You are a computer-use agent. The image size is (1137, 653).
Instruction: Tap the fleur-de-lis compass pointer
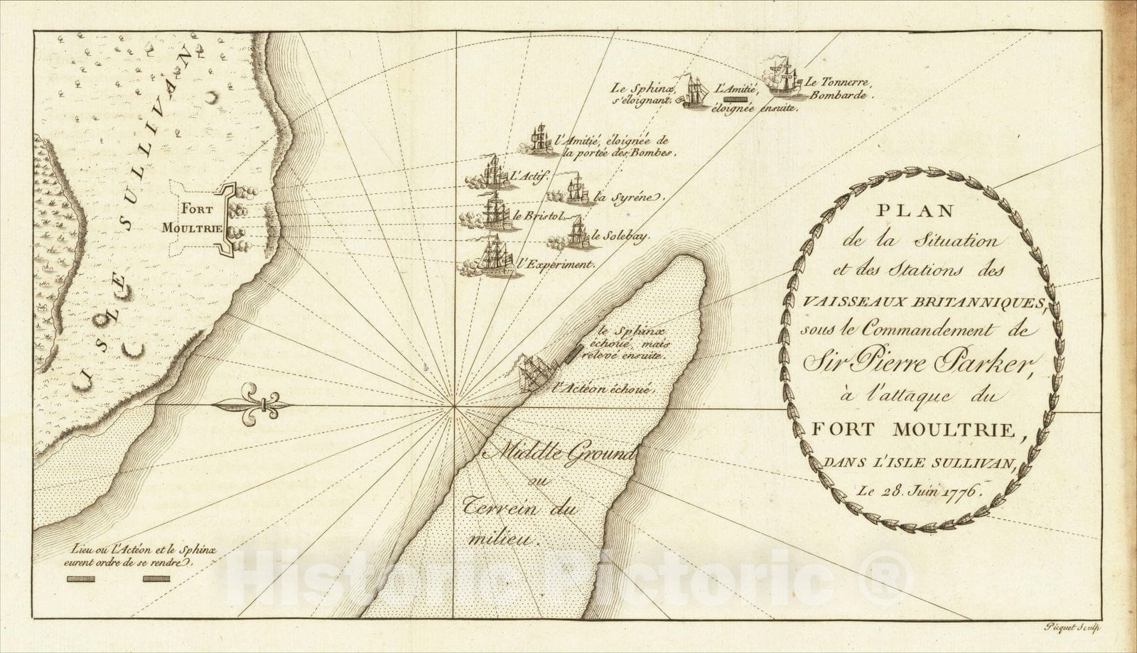(x=257, y=405)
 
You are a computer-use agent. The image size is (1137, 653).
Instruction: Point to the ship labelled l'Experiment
(x=495, y=256)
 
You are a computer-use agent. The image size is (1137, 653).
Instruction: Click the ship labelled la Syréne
(x=575, y=190)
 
